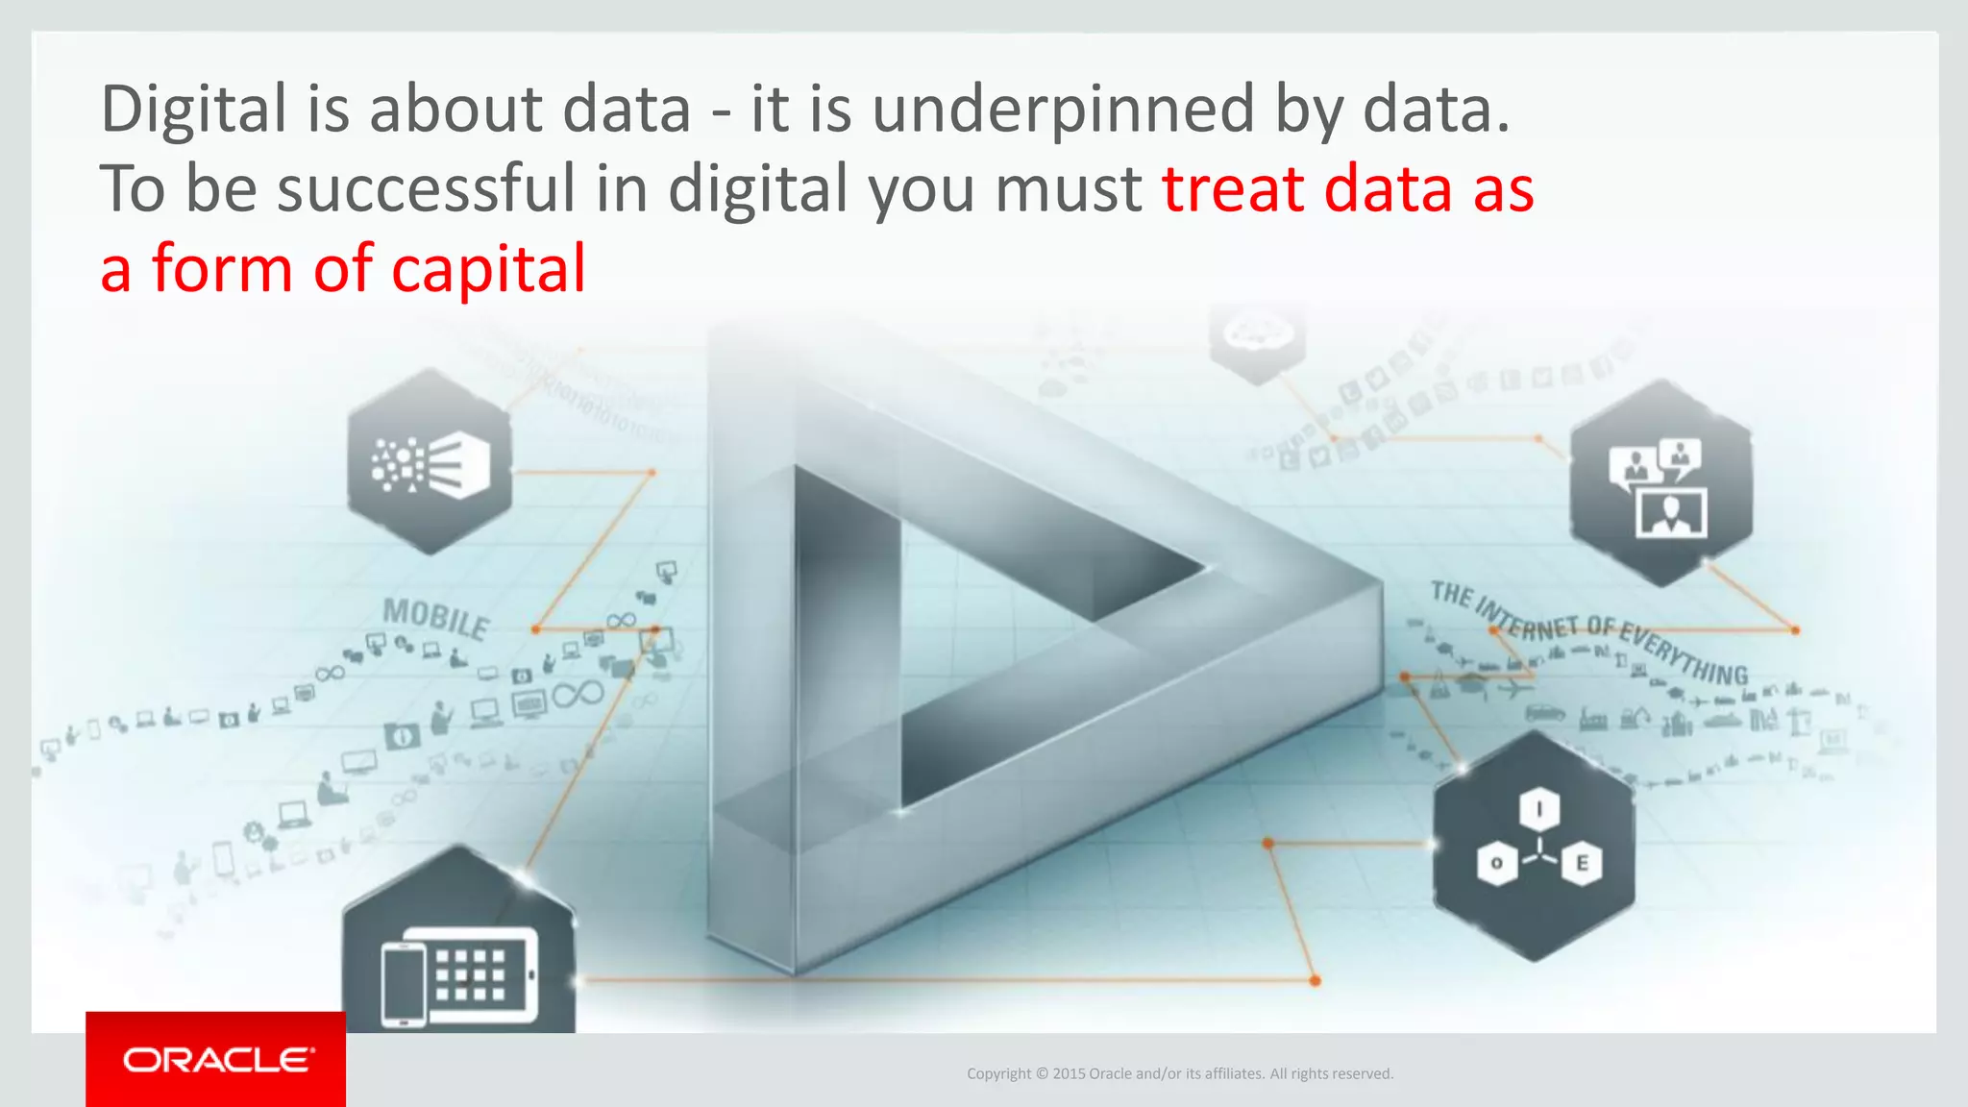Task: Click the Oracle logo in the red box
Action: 218,1060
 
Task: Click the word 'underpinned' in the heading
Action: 1063,110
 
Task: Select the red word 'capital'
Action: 488,269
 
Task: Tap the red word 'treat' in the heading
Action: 1234,188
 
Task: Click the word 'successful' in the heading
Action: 426,188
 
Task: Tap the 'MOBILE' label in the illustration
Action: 436,618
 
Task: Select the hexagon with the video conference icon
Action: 1660,483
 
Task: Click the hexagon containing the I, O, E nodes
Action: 1535,847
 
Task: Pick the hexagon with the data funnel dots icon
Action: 430,462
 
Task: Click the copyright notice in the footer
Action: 1179,1073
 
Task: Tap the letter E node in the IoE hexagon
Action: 1581,863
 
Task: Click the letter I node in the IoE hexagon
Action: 1539,809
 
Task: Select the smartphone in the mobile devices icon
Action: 404,984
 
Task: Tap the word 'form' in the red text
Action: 222,269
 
